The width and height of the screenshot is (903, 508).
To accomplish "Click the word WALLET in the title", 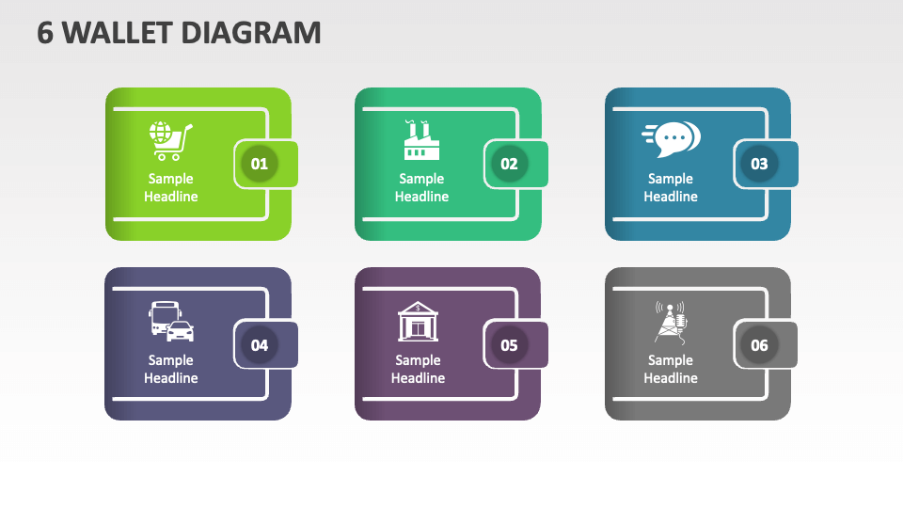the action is [x=118, y=33].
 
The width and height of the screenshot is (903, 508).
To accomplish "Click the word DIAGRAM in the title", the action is [x=251, y=33].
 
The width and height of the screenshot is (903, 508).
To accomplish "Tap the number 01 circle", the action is [x=260, y=164].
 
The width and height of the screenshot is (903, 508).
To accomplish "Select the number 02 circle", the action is [x=509, y=164].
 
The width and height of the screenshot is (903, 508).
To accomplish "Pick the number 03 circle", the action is [x=759, y=164].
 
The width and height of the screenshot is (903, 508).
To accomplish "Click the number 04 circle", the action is [x=260, y=345].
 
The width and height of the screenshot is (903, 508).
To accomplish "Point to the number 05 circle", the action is [x=509, y=345].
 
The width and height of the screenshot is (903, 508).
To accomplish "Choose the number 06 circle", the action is [x=759, y=345].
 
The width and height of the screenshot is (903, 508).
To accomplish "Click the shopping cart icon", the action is [x=170, y=140].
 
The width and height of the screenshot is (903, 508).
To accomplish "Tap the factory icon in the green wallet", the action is [x=421, y=140].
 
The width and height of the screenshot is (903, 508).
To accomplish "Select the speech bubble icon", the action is [x=671, y=139].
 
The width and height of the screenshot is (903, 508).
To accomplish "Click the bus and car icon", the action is [x=171, y=322].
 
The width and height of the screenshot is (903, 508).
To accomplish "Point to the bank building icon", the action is [x=418, y=322].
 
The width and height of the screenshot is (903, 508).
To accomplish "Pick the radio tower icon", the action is [x=671, y=323].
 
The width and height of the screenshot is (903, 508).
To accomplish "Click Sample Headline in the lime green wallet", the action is [x=171, y=188].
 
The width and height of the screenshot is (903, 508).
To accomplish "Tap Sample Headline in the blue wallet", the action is [x=671, y=188].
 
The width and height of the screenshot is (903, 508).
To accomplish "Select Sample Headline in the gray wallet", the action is [x=671, y=369].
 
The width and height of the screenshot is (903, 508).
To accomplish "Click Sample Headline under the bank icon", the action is [x=418, y=369].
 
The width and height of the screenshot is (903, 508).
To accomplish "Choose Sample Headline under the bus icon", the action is [x=171, y=369].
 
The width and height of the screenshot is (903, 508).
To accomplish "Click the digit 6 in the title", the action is [x=45, y=33].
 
